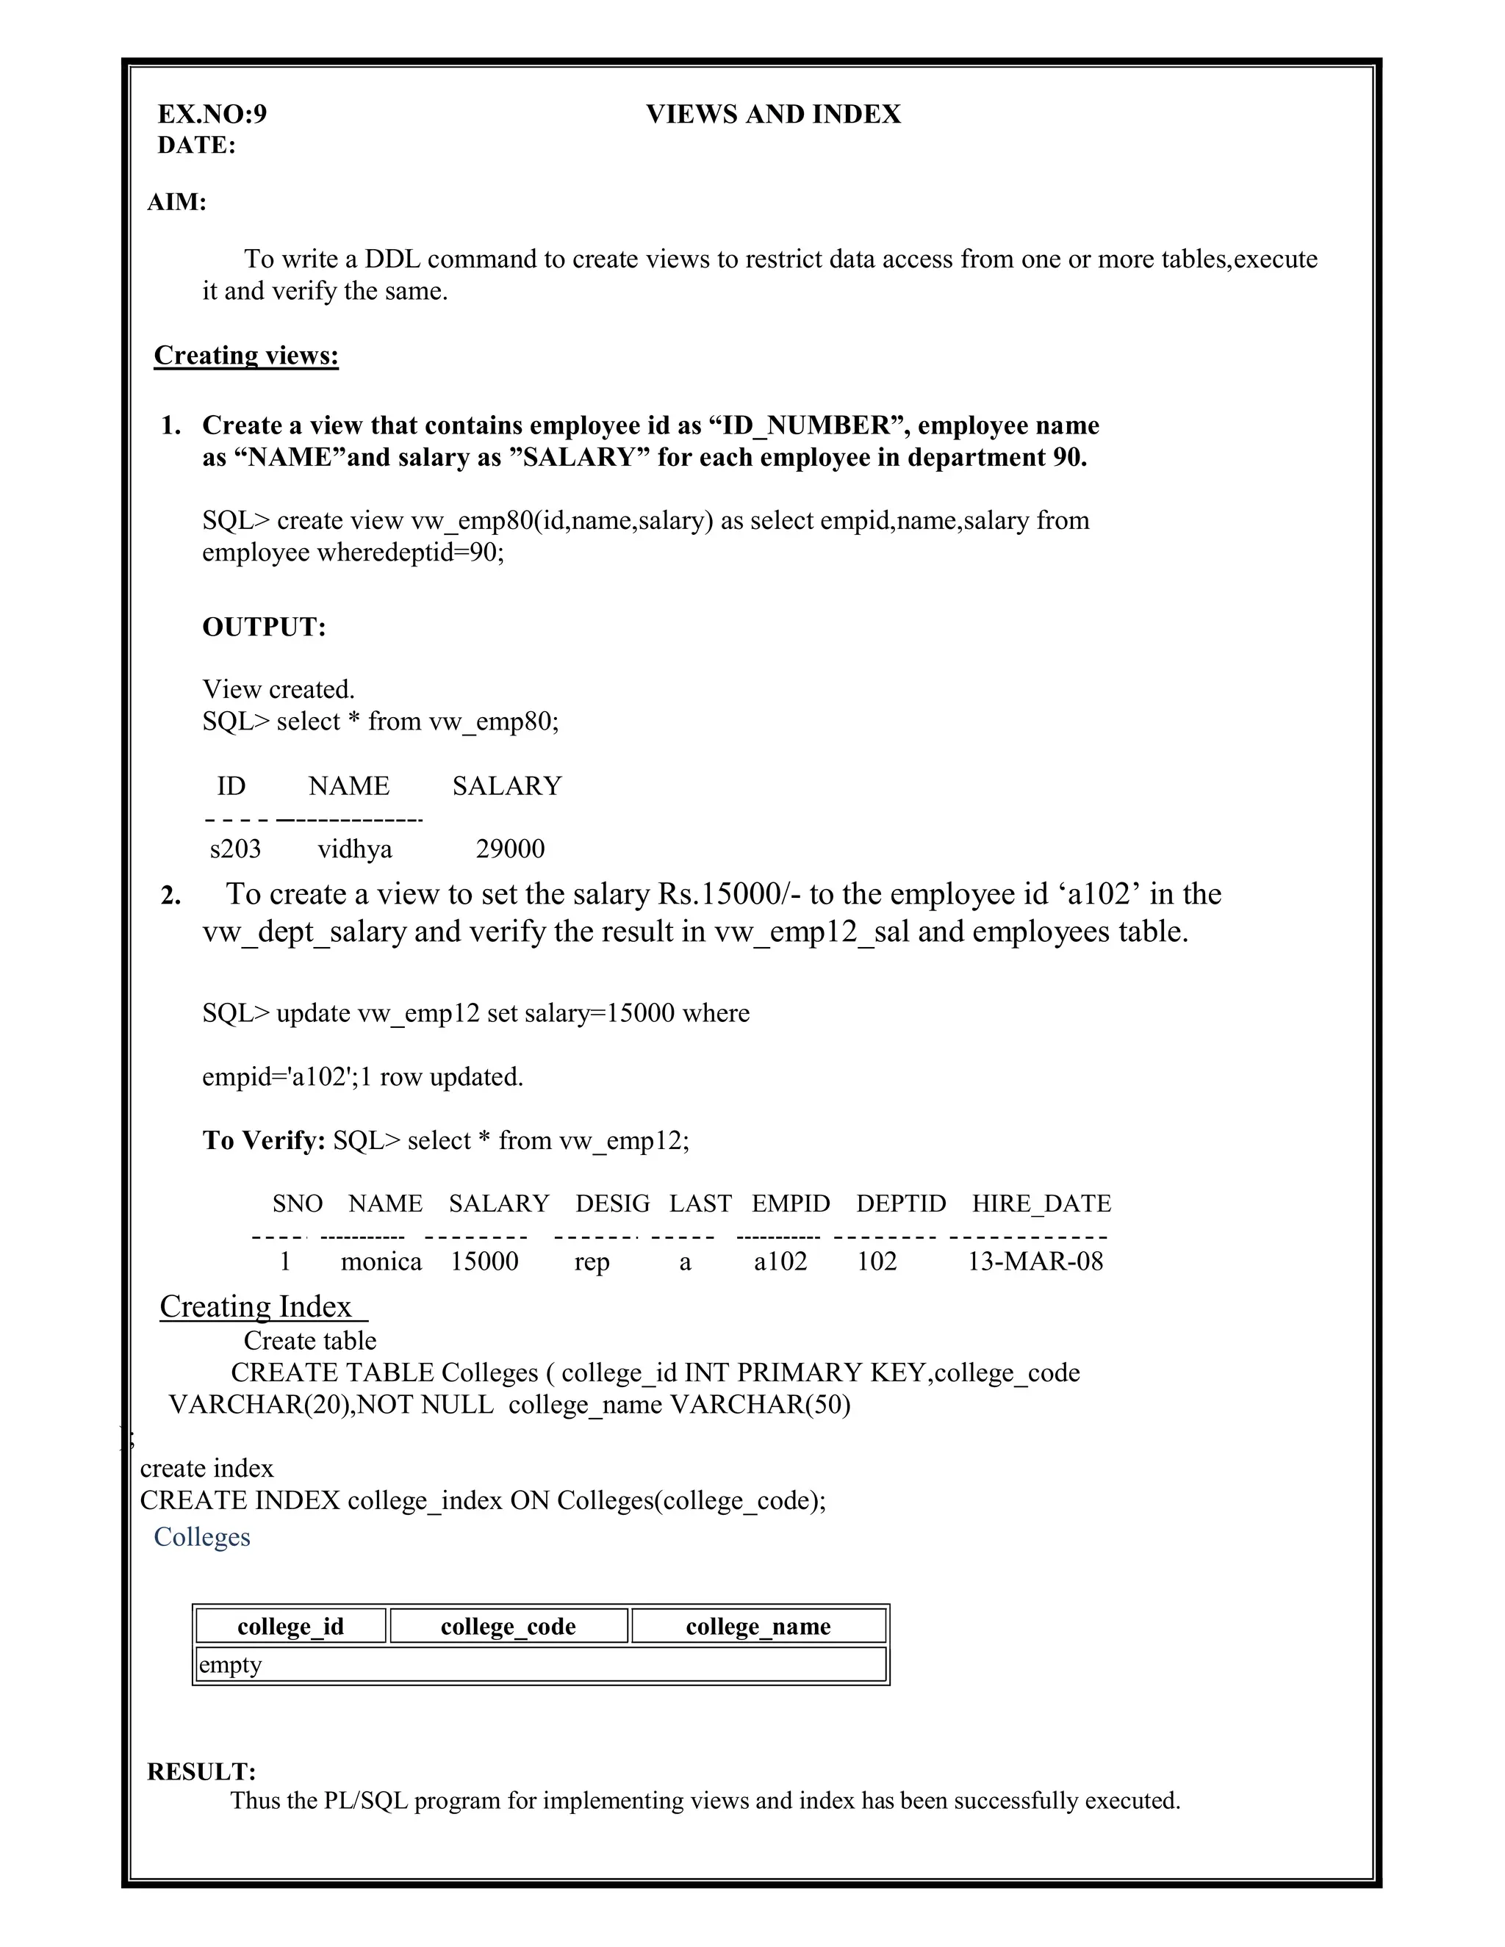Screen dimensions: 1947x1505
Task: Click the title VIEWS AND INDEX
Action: (x=773, y=114)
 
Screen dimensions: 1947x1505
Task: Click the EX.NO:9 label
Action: (x=212, y=114)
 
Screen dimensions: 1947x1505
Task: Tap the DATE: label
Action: (x=196, y=145)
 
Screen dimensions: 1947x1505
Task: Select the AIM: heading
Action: (x=176, y=202)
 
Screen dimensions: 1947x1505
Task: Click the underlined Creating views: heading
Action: (x=246, y=355)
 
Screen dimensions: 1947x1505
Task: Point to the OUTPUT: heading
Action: (x=264, y=627)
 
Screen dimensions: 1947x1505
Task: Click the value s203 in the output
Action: (x=235, y=848)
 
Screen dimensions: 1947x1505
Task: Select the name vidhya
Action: (x=355, y=848)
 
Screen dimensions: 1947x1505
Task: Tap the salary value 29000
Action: (x=510, y=848)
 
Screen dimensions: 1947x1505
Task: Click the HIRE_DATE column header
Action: (x=1041, y=1203)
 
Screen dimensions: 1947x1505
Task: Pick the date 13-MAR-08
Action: (x=1035, y=1261)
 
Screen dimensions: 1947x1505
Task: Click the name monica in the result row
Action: (x=381, y=1262)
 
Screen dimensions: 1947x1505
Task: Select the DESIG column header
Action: (x=613, y=1203)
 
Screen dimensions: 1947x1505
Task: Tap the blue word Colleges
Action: (x=201, y=1536)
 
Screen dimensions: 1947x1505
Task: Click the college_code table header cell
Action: (x=509, y=1626)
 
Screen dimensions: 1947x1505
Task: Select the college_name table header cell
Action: (x=758, y=1626)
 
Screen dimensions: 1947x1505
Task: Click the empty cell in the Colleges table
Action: (x=540, y=1664)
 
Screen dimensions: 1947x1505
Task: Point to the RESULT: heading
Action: (x=201, y=1771)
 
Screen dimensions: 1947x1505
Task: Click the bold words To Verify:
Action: (x=264, y=1140)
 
